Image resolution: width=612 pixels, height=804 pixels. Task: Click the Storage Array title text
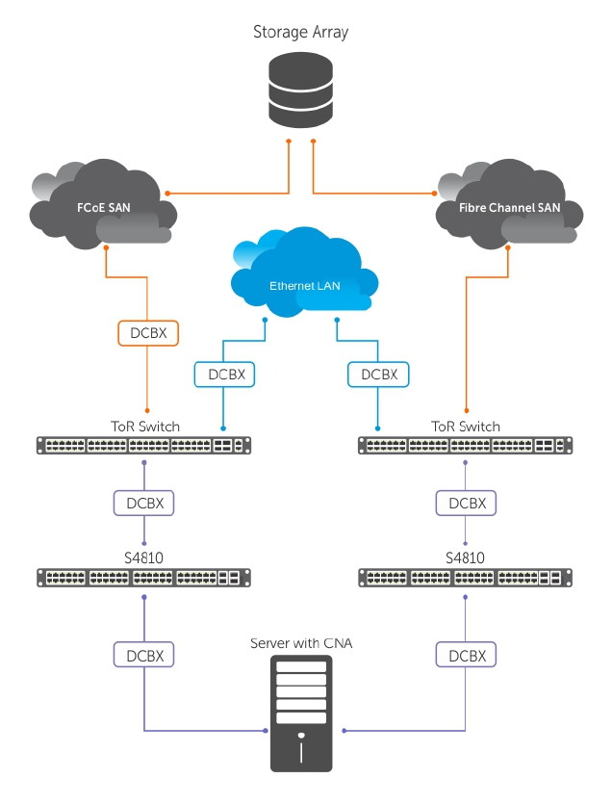pyautogui.click(x=300, y=32)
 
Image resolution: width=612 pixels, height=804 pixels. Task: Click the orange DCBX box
pyautogui.click(x=148, y=333)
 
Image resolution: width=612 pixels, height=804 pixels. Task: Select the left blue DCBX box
pyautogui.click(x=224, y=374)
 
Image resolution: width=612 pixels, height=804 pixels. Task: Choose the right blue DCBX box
pyautogui.click(x=377, y=374)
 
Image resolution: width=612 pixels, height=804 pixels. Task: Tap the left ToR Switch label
pyautogui.click(x=144, y=426)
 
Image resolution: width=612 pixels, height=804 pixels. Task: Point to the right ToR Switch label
pyautogui.click(x=466, y=426)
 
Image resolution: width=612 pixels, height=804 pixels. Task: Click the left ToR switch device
pyautogui.click(x=144, y=446)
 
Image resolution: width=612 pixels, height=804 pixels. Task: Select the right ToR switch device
pyautogui.click(x=466, y=446)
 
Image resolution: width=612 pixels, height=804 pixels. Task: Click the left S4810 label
pyautogui.click(x=144, y=558)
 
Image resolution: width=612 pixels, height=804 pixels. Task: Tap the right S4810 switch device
pyautogui.click(x=466, y=578)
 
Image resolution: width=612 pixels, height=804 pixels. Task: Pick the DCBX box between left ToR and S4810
pyautogui.click(x=144, y=503)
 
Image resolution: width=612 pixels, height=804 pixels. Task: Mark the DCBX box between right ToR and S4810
pyautogui.click(x=467, y=503)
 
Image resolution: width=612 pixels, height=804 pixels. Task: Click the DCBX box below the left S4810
pyautogui.click(x=144, y=656)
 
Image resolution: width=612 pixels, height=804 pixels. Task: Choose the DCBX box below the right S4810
pyautogui.click(x=467, y=656)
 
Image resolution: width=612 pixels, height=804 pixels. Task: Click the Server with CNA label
pyautogui.click(x=301, y=642)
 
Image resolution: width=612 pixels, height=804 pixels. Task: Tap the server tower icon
pyautogui.click(x=301, y=713)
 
